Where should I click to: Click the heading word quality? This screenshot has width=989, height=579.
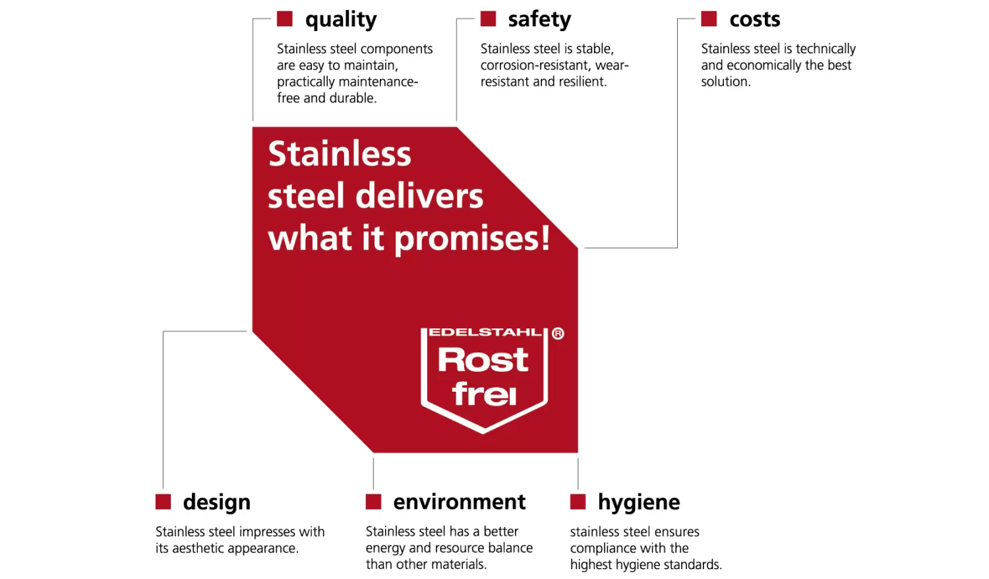click(x=341, y=20)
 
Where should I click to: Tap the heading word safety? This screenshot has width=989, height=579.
click(x=539, y=19)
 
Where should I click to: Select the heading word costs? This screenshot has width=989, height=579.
click(x=754, y=19)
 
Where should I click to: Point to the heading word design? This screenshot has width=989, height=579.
click(x=217, y=503)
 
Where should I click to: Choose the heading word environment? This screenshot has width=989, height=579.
click(x=459, y=502)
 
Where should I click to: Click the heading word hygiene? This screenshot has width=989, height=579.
click(x=639, y=503)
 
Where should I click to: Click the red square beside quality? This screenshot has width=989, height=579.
click(x=285, y=19)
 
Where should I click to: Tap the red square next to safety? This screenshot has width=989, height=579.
click(x=488, y=19)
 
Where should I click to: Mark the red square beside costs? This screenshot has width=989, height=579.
click(x=709, y=19)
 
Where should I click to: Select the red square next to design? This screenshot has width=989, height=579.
click(x=163, y=502)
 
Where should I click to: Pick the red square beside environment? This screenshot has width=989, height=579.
click(x=373, y=502)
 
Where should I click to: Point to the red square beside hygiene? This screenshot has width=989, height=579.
click(x=578, y=502)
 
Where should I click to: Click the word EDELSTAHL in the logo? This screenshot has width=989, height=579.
click(x=485, y=332)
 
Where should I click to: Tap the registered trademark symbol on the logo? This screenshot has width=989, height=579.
click(x=558, y=334)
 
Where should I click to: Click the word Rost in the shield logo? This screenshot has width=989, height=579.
click(x=483, y=359)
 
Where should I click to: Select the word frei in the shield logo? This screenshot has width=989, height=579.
click(x=484, y=393)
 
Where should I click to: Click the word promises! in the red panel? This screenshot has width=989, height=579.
click(x=472, y=239)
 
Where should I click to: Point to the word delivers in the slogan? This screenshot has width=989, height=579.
click(x=419, y=196)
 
